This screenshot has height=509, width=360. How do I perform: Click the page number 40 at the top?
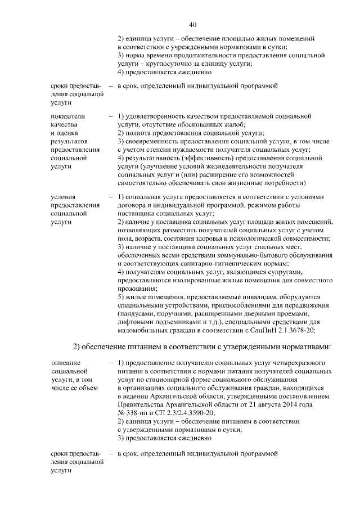(193, 25)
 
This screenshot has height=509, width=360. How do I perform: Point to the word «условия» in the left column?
(63, 197)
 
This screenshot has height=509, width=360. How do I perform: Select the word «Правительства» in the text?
(141, 404)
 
